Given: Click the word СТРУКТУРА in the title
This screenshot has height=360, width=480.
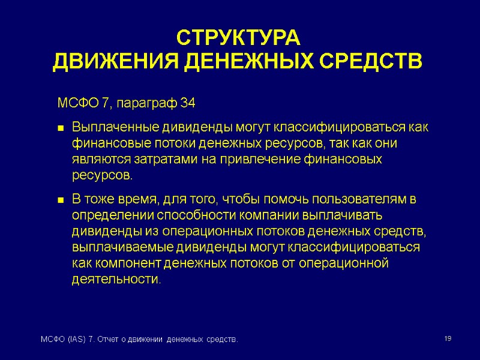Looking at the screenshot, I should [x=237, y=38].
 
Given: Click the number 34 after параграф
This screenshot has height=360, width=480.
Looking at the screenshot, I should [x=188, y=104].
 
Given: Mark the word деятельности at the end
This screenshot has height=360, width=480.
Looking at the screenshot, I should [x=116, y=280].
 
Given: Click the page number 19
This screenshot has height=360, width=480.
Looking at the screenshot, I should [x=448, y=340].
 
